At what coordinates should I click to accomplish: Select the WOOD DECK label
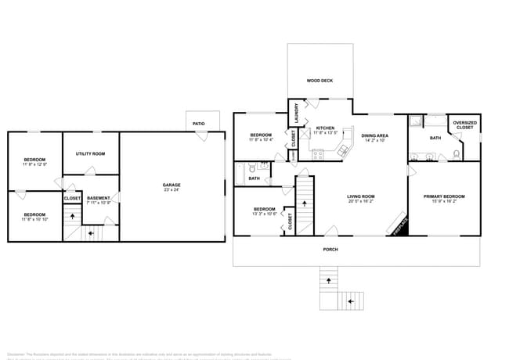pyautogui.click(x=319, y=81)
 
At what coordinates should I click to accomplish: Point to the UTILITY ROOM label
pyautogui.click(x=90, y=153)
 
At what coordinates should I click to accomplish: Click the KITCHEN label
pyautogui.click(x=325, y=128)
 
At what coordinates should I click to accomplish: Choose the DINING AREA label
pyautogui.click(x=374, y=135)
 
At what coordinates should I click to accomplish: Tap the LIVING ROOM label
pyautogui.click(x=362, y=196)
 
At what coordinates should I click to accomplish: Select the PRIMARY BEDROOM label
pyautogui.click(x=444, y=196)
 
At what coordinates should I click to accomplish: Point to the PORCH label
pyautogui.click(x=331, y=250)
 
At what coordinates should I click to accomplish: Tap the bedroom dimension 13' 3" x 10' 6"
pyautogui.click(x=264, y=214)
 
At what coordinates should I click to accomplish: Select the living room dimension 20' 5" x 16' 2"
pyautogui.click(x=362, y=201)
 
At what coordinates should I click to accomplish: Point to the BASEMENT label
pyautogui.click(x=99, y=198)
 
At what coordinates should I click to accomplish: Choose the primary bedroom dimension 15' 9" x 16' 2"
pyautogui.click(x=444, y=201)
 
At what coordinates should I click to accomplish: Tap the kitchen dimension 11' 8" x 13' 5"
pyautogui.click(x=325, y=133)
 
